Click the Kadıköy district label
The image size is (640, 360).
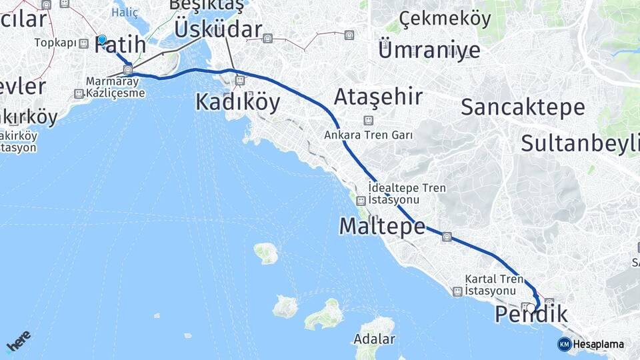tap(237, 102)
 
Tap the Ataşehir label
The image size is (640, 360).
tap(378, 97)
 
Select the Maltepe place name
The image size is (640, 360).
tap(382, 226)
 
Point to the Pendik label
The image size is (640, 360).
tap(531, 314)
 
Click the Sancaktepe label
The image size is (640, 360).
tap(523, 107)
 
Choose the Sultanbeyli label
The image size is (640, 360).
tap(579, 143)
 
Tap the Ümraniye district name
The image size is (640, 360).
tap(429, 50)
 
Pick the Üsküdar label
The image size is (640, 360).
tap(218, 29)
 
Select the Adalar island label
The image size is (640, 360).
tap(374, 339)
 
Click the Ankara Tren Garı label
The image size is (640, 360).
tap(368, 135)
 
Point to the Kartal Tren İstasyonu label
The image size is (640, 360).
tap(491, 285)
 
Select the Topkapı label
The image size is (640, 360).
tap(55, 43)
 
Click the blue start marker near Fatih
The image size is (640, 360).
tap(102, 39)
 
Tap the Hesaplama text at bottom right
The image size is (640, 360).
tap(598, 344)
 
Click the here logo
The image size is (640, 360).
tap(18, 340)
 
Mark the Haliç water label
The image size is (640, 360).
tap(125, 12)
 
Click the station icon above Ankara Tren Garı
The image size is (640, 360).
tap(367, 120)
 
